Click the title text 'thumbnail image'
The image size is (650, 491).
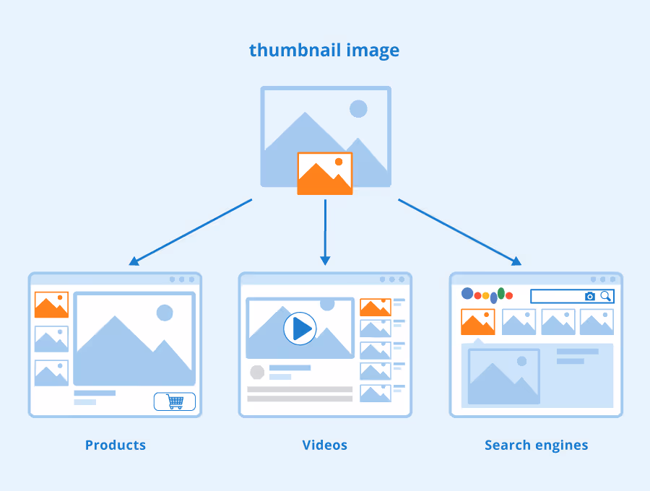click(324, 51)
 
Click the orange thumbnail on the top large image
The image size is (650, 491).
click(325, 173)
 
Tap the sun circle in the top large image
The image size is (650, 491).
click(358, 109)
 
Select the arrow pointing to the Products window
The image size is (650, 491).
click(191, 232)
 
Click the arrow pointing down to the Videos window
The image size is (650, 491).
click(325, 232)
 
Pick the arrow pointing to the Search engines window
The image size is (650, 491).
click(459, 232)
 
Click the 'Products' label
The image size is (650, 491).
click(116, 445)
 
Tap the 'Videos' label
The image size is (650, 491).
click(325, 445)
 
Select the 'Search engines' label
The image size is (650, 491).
click(536, 445)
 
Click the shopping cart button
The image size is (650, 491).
click(175, 401)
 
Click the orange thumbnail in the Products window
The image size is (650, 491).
click(51, 305)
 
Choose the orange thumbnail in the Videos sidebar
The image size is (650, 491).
click(376, 307)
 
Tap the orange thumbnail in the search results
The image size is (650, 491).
click(478, 322)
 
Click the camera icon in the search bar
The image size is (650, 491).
click(590, 296)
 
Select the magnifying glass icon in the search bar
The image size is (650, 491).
click(606, 296)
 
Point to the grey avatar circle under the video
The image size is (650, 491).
click(257, 372)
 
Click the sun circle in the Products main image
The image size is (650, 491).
click(165, 313)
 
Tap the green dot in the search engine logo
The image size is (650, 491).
click(501, 293)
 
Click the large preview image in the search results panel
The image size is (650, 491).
click(503, 376)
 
